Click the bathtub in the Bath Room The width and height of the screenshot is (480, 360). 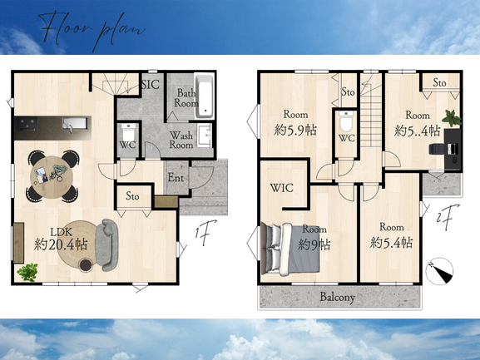click(204, 96)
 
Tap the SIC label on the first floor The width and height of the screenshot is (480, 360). click(151, 85)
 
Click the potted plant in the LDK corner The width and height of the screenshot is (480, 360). click(27, 272)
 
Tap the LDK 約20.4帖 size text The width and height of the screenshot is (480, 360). click(61, 244)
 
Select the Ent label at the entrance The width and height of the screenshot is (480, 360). click(176, 177)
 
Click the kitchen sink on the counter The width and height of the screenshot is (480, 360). click(74, 125)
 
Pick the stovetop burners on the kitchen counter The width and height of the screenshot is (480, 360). click(27, 124)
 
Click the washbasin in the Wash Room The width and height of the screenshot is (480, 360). click(205, 136)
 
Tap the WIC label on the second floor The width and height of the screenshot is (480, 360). click(282, 188)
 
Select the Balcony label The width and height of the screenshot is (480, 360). click(338, 297)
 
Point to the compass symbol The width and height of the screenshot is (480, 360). click(439, 271)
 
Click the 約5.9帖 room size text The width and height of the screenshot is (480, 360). click(295, 131)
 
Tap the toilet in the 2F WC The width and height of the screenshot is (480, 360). click(346, 121)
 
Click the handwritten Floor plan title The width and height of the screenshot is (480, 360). click(92, 28)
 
